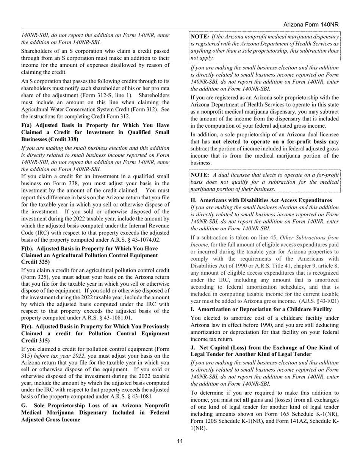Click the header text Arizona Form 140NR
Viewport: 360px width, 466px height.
click(x=311, y=25)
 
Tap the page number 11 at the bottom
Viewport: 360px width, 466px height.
click(x=180, y=441)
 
